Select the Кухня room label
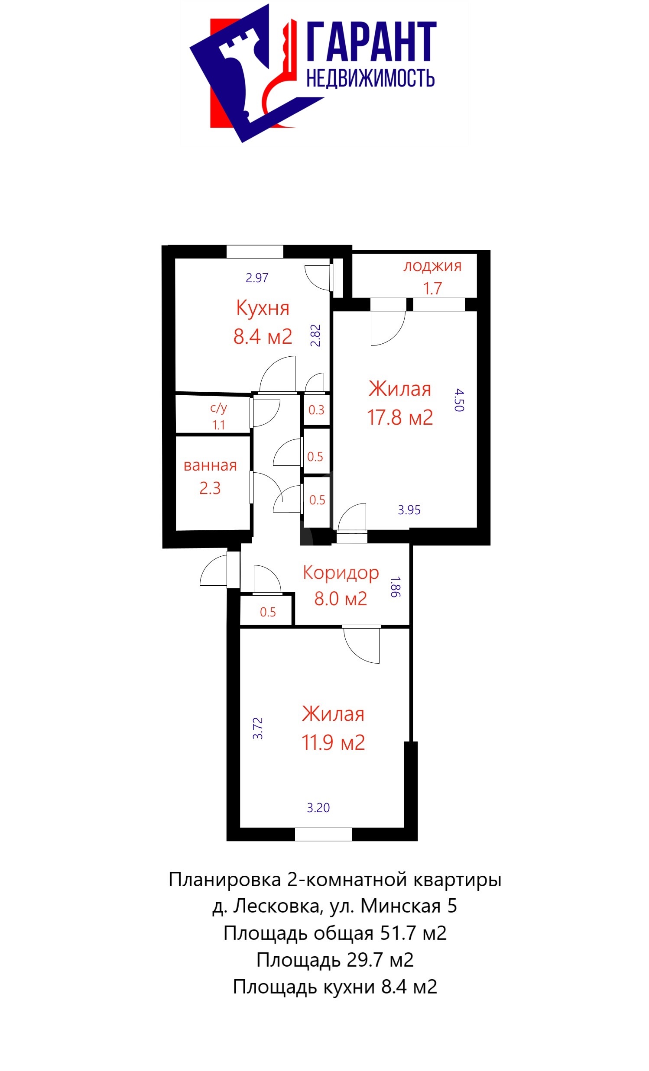(263, 308)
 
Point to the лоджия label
(432, 266)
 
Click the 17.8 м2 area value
(400, 417)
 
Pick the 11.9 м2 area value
(333, 742)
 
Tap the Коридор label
(341, 573)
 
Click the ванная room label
(210, 465)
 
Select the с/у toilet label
(218, 408)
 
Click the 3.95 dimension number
(409, 510)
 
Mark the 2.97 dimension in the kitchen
(256, 277)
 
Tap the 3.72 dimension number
(258, 728)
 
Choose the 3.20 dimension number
(318, 808)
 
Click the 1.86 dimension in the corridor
(396, 587)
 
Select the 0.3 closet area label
(316, 410)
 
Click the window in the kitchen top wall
(255, 252)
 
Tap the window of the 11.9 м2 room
(323, 834)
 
